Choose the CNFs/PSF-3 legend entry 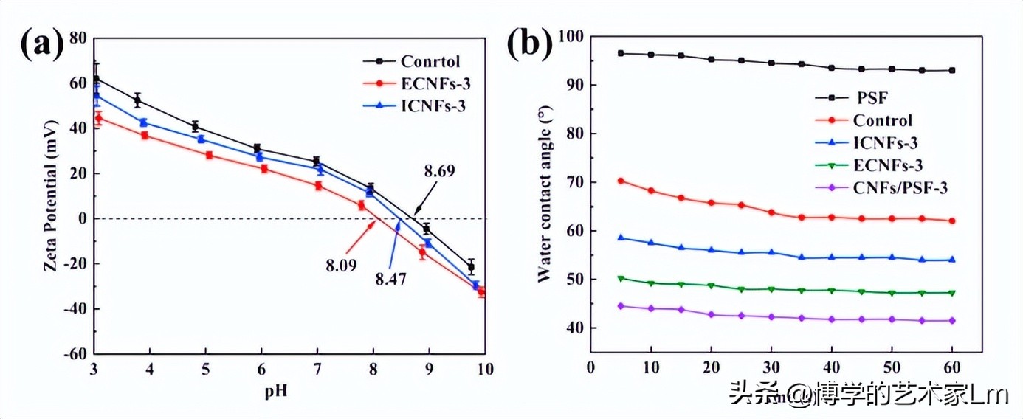899,187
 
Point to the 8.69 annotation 439,171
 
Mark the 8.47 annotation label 390,279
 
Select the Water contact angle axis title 545,193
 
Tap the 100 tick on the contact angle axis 571,35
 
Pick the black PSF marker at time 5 621,53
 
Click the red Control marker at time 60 952,221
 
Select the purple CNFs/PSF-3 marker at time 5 621,305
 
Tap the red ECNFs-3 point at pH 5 209,155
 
